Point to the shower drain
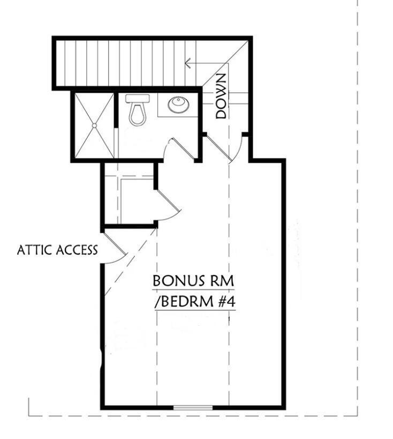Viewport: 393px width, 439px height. pos(94,125)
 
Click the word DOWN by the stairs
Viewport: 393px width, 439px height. pos(222,96)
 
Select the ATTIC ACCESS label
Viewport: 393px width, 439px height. pos(57,250)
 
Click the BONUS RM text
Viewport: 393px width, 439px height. pos(193,281)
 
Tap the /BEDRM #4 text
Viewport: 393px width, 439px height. pos(195,302)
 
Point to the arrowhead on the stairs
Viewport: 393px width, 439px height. pos(187,63)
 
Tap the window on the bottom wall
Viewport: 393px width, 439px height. pos(193,408)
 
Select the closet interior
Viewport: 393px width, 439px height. pos(137,198)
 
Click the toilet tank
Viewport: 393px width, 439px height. pos(137,99)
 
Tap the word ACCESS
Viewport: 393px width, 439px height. pos(78,250)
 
